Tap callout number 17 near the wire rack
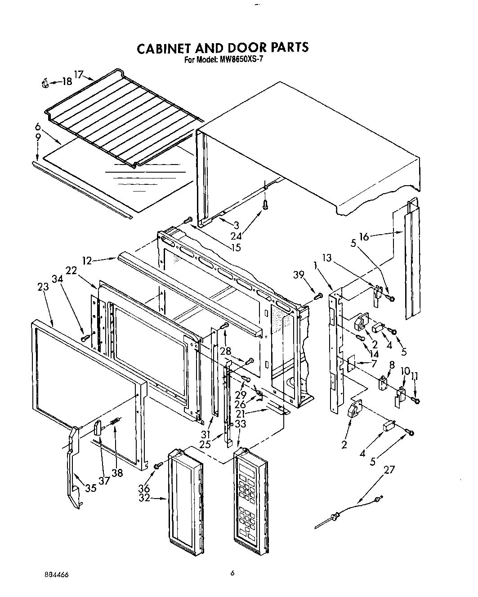[79, 75]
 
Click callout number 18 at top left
[67, 82]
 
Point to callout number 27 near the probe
[389, 470]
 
